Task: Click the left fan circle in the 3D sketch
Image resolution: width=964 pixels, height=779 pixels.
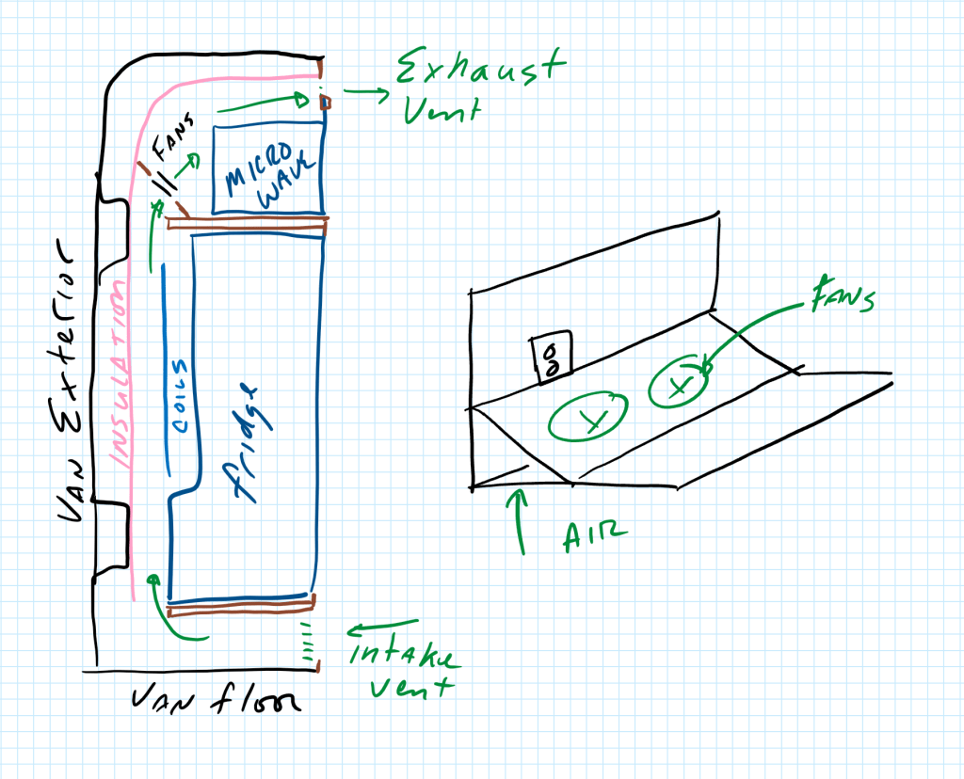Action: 588,415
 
